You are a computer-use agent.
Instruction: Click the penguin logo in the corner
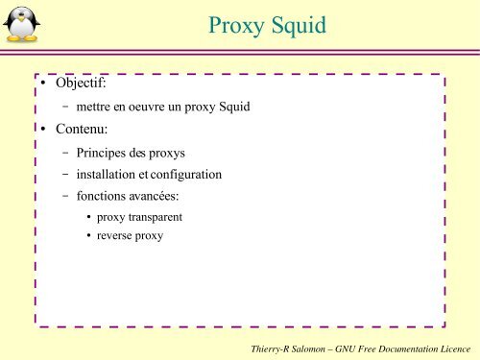tap(22, 24)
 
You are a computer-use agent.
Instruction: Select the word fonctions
tap(104, 196)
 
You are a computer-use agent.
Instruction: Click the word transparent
tap(156, 217)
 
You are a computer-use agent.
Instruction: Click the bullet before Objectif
tap(44, 87)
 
